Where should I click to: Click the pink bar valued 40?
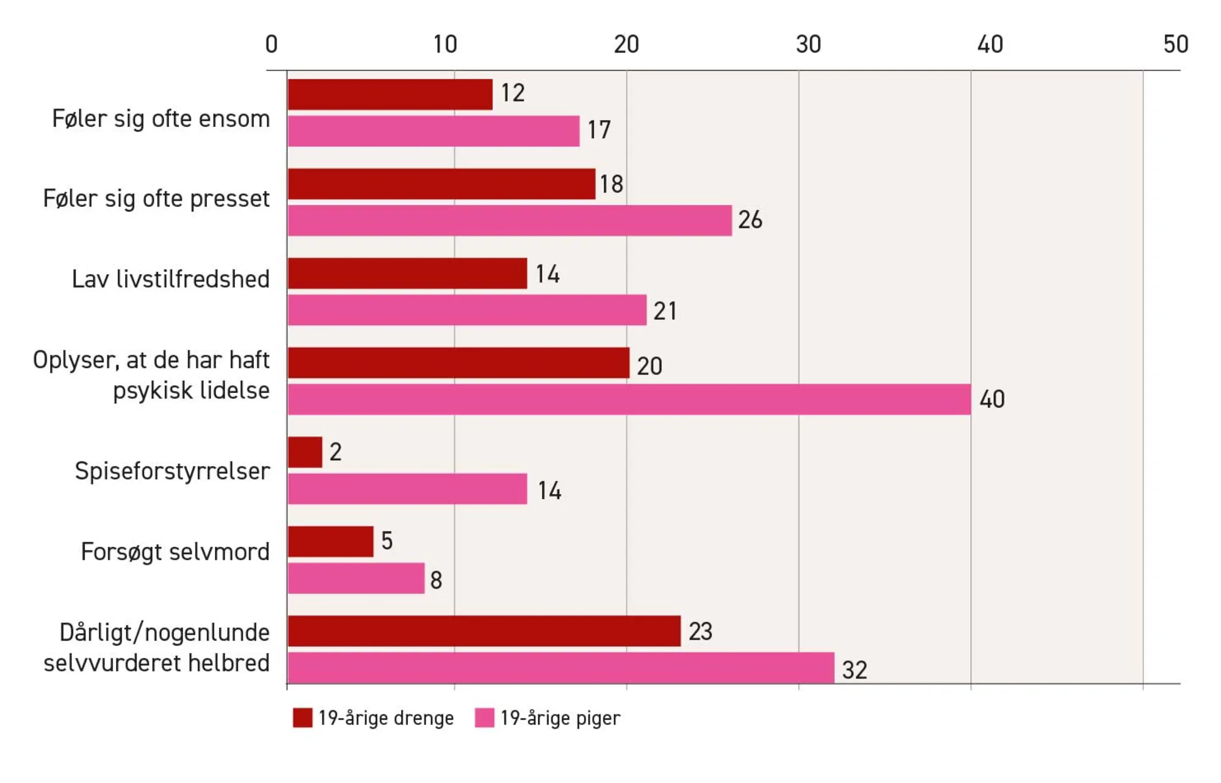629,399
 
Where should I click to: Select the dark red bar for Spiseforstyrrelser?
305,452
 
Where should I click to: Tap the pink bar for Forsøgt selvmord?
356,578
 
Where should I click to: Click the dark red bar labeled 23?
484,631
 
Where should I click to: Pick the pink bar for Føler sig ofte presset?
510,220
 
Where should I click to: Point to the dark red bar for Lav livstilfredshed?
407,273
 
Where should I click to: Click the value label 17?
598,130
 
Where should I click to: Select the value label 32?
854,669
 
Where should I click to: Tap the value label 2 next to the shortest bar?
335,452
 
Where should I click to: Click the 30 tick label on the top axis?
808,45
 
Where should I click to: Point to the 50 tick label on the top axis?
1175,45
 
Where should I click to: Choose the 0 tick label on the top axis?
272,45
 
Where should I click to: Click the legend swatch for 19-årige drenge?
302,718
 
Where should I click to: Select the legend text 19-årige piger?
560,718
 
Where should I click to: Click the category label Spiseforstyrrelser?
172,471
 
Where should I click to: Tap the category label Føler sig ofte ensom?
161,119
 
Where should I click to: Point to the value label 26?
750,220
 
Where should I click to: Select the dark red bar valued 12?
390,95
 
